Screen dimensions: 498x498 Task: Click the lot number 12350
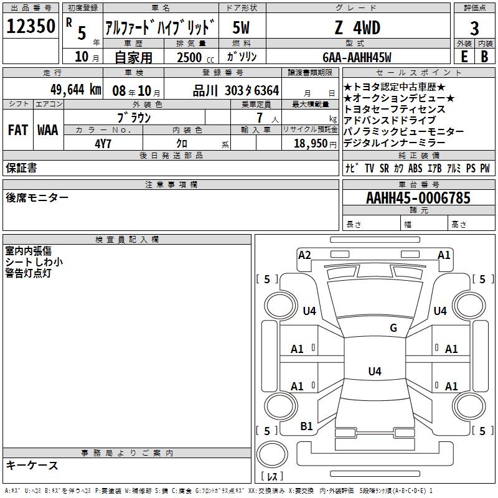pyautogui.click(x=31, y=27)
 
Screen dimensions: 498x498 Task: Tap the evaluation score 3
pyautogui.click(x=474, y=29)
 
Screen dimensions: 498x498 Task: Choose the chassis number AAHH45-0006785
pyautogui.click(x=418, y=198)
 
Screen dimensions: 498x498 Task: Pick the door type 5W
pyautogui.click(x=242, y=28)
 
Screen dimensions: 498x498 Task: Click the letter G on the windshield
pyautogui.click(x=393, y=328)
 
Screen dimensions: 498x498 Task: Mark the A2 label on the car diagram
pyautogui.click(x=304, y=255)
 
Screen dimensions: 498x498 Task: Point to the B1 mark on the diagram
pyautogui.click(x=306, y=426)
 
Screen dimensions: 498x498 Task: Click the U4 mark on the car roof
pyautogui.click(x=374, y=371)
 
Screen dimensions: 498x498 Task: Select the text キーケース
pyautogui.click(x=32, y=465)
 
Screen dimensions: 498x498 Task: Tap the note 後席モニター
pyautogui.click(x=37, y=197)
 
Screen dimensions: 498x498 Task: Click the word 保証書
pyautogui.click(x=21, y=167)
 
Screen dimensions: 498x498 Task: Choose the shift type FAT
pyautogui.click(x=18, y=130)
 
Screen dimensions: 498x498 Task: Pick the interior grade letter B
pyautogui.click(x=484, y=57)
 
